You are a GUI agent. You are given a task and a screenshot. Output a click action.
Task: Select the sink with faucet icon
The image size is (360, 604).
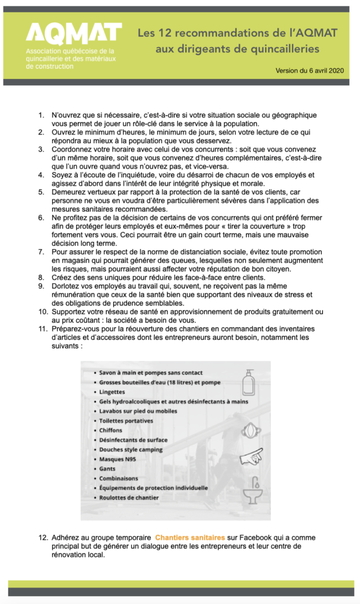pos(253,491)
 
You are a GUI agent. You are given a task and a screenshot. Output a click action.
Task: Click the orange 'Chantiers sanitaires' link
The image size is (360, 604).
pos(189,537)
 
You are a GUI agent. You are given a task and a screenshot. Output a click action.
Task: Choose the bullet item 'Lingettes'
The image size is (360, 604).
pos(112,392)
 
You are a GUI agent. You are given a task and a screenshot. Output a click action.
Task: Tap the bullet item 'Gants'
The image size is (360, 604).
pos(107,468)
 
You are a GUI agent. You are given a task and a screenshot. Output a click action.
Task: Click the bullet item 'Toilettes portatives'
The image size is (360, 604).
pos(126,421)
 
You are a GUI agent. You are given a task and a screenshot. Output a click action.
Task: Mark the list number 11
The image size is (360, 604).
pos(41,328)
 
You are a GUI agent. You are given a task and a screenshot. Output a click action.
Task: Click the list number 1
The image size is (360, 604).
pos(41,114)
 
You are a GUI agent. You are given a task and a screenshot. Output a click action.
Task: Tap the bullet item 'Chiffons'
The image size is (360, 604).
pos(111,430)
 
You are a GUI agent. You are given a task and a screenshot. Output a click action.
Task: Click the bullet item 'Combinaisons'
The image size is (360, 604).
pos(118,478)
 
